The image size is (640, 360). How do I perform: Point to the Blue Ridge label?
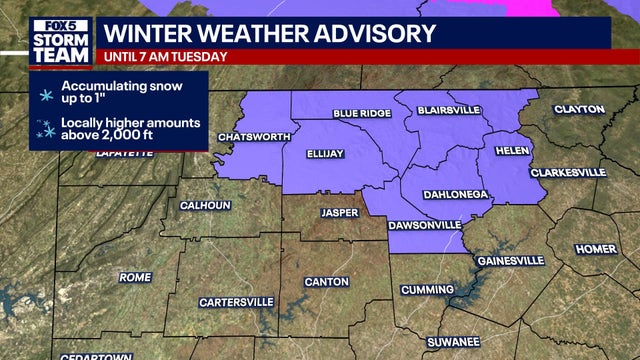362,114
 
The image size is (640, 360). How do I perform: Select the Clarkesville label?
568,172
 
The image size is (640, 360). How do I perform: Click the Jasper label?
338,212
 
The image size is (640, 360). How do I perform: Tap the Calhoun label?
205,205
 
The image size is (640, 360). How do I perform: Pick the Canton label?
325,281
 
